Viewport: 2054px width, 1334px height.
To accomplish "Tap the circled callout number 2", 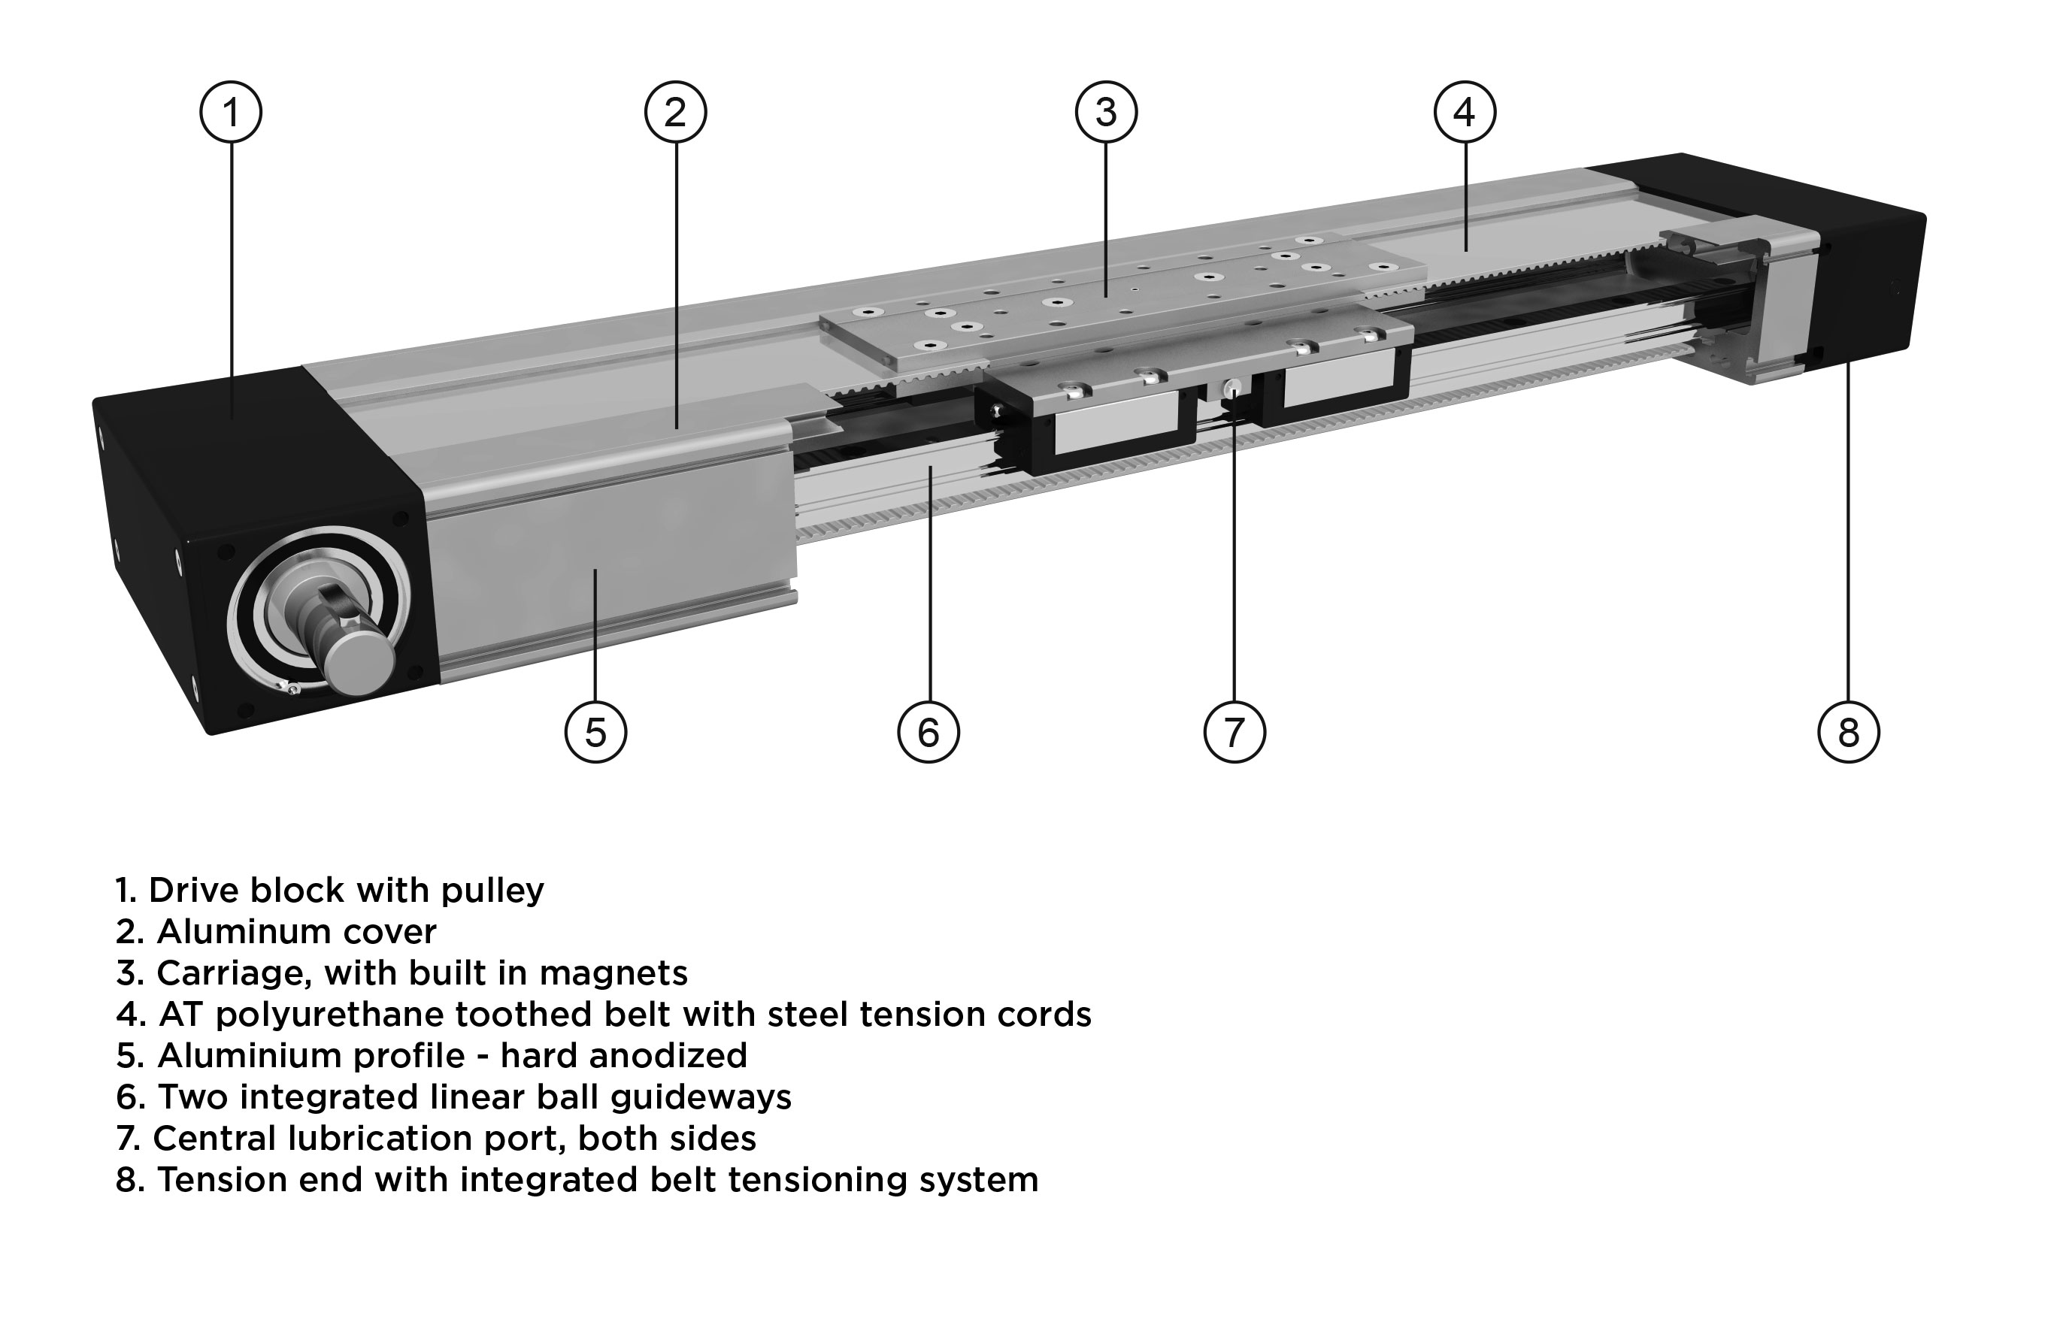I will tap(676, 112).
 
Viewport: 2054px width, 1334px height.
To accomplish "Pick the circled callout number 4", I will tap(1465, 112).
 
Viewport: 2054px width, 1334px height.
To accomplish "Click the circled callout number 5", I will tap(595, 733).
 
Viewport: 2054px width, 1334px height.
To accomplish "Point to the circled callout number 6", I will tap(929, 733).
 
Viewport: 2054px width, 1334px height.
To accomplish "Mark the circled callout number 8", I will tap(1848, 733).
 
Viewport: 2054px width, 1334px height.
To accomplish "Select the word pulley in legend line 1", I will tap(492, 891).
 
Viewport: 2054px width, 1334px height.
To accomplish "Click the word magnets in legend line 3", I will tap(613, 974).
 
